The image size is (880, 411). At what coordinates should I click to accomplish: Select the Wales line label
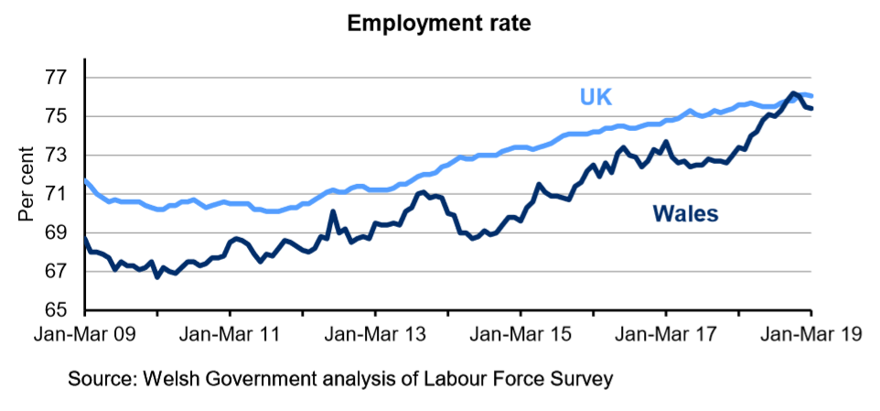(685, 214)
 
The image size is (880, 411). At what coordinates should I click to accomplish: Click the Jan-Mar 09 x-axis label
(84, 335)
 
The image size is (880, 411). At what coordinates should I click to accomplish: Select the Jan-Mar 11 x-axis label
(229, 335)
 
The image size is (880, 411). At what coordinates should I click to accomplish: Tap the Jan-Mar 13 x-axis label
(375, 335)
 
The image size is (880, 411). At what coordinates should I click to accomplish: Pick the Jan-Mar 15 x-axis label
(520, 335)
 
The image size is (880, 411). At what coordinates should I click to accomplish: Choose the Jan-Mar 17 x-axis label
(666, 335)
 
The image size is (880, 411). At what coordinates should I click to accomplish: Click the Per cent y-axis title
(27, 183)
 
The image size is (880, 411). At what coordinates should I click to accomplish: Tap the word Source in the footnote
(102, 377)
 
